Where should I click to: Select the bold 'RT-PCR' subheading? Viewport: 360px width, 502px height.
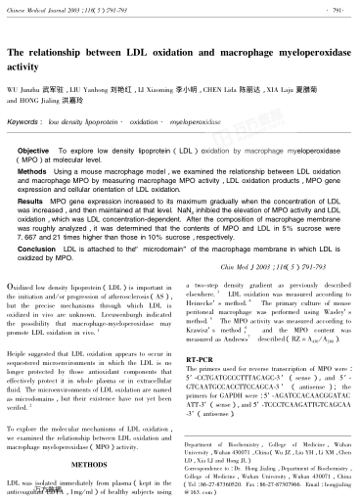[x=199, y=361]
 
